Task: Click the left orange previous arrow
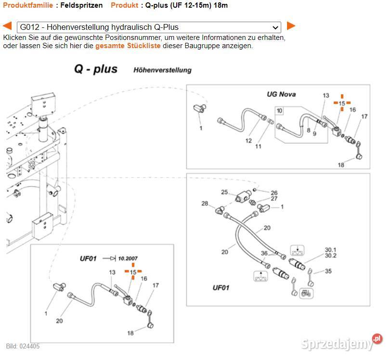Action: pyautogui.click(x=7, y=26)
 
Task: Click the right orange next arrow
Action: pyautogui.click(x=291, y=26)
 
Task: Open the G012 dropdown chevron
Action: pyautogui.click(x=275, y=27)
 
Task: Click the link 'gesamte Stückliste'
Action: pyautogui.click(x=128, y=46)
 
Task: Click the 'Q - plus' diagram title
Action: pyautogui.click(x=95, y=69)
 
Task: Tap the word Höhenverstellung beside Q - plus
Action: pyautogui.click(x=162, y=70)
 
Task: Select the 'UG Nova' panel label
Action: pyautogui.click(x=281, y=94)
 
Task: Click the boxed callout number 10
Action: pyautogui.click(x=280, y=111)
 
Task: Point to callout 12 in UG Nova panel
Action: pyautogui.click(x=248, y=141)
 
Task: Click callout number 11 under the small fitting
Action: pyautogui.click(x=259, y=146)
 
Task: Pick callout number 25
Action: pyautogui.click(x=224, y=192)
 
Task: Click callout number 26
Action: pyautogui.click(x=274, y=193)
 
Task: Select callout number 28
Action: pyautogui.click(x=205, y=204)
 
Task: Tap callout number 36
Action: pyautogui.click(x=264, y=254)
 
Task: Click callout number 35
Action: pyautogui.click(x=328, y=271)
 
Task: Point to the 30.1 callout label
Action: pyautogui.click(x=330, y=250)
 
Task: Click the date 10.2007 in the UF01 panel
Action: pyautogui.click(x=128, y=258)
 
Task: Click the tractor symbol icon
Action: pyautogui.click(x=304, y=292)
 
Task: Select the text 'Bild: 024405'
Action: pyautogui.click(x=23, y=346)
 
